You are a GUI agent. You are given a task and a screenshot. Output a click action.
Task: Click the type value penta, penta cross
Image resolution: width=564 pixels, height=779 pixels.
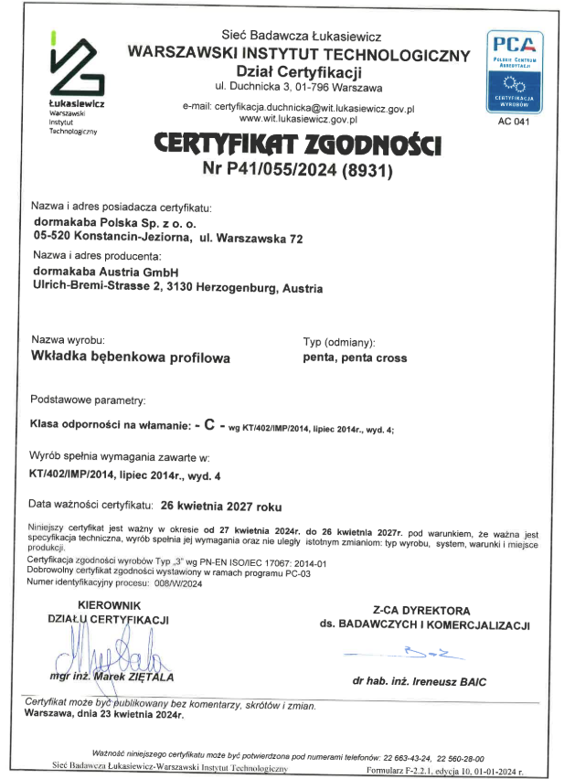click(355, 357)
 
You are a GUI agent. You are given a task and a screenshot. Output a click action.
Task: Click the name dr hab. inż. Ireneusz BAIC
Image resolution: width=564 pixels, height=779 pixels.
click(420, 682)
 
